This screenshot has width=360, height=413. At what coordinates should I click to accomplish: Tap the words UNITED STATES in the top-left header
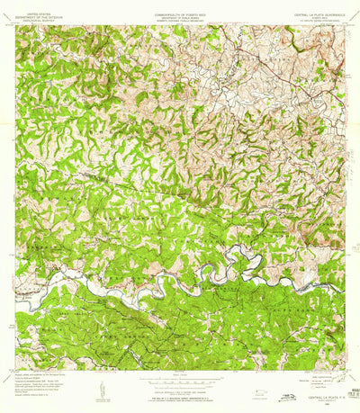click(37, 14)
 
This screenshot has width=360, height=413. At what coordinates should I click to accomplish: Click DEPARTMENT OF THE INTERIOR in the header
click(37, 18)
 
